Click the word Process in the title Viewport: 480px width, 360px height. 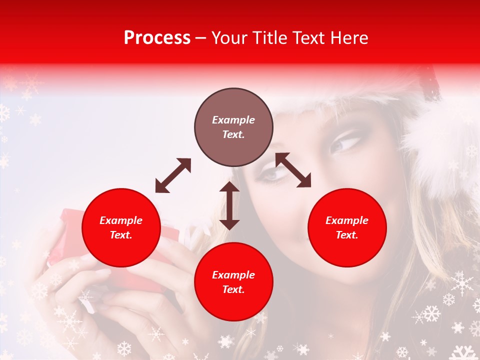pyautogui.click(x=157, y=38)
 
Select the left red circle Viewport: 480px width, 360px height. pyautogui.click(x=121, y=228)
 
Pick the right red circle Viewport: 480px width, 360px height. pyautogui.click(x=347, y=228)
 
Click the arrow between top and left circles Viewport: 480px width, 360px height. pyautogui.click(x=173, y=175)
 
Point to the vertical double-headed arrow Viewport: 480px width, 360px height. pyautogui.click(x=229, y=205)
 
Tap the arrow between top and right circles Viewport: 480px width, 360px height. pyautogui.click(x=293, y=170)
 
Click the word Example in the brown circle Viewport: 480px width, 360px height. pyautogui.click(x=233, y=120)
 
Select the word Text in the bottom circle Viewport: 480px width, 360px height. pyautogui.click(x=233, y=289)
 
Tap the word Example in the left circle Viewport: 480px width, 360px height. pyautogui.click(x=121, y=220)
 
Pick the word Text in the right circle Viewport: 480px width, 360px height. pyautogui.click(x=347, y=235)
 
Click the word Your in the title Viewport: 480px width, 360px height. pyautogui.click(x=229, y=38)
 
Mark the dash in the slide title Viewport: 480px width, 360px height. pyautogui.click(x=201, y=38)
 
